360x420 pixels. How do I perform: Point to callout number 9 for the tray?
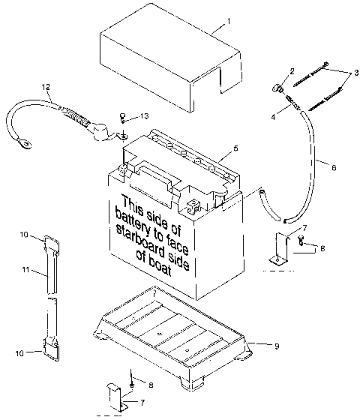[277, 346]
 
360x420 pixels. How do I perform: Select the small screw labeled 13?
[121, 118]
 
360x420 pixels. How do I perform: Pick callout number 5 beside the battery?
[235, 148]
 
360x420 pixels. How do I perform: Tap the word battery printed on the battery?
[138, 222]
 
